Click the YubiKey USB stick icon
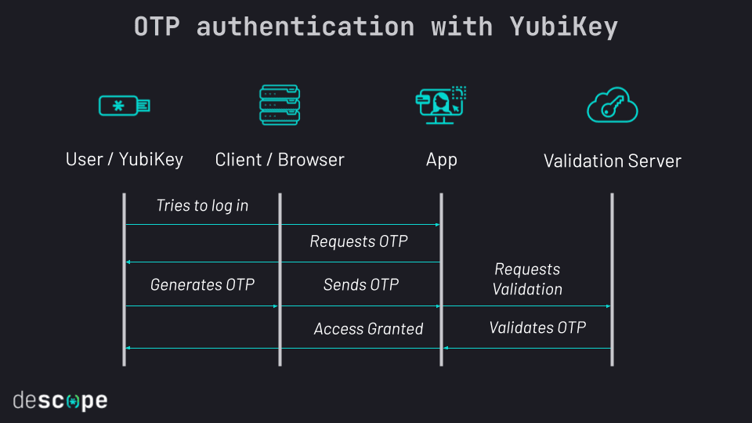[x=124, y=105]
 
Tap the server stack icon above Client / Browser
[x=280, y=105]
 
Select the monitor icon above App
[x=441, y=105]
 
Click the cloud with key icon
[x=612, y=106]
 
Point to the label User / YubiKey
[x=124, y=160]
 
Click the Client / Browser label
[x=280, y=160]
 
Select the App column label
[x=441, y=160]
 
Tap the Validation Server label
[x=612, y=161]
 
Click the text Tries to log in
[x=202, y=206]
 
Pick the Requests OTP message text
[x=359, y=242]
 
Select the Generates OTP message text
[x=202, y=285]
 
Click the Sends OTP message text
[x=360, y=285]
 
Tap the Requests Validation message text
[x=527, y=280]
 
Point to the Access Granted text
[x=368, y=329]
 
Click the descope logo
[x=60, y=401]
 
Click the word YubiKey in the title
[x=563, y=27]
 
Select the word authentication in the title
[x=305, y=27]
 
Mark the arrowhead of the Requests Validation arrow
[x=608, y=306]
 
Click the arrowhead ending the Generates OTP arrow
[x=276, y=306]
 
